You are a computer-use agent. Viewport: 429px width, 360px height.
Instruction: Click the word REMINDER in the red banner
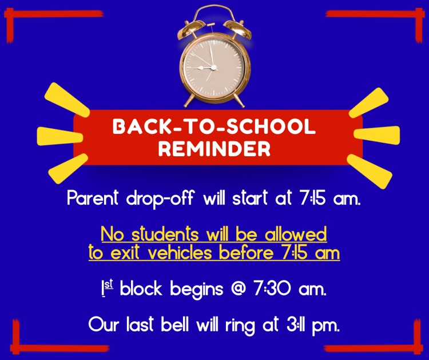[214, 148]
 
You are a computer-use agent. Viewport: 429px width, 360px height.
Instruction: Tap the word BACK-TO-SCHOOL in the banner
[214, 126]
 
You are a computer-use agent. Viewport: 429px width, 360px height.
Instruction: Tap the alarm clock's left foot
[187, 102]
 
